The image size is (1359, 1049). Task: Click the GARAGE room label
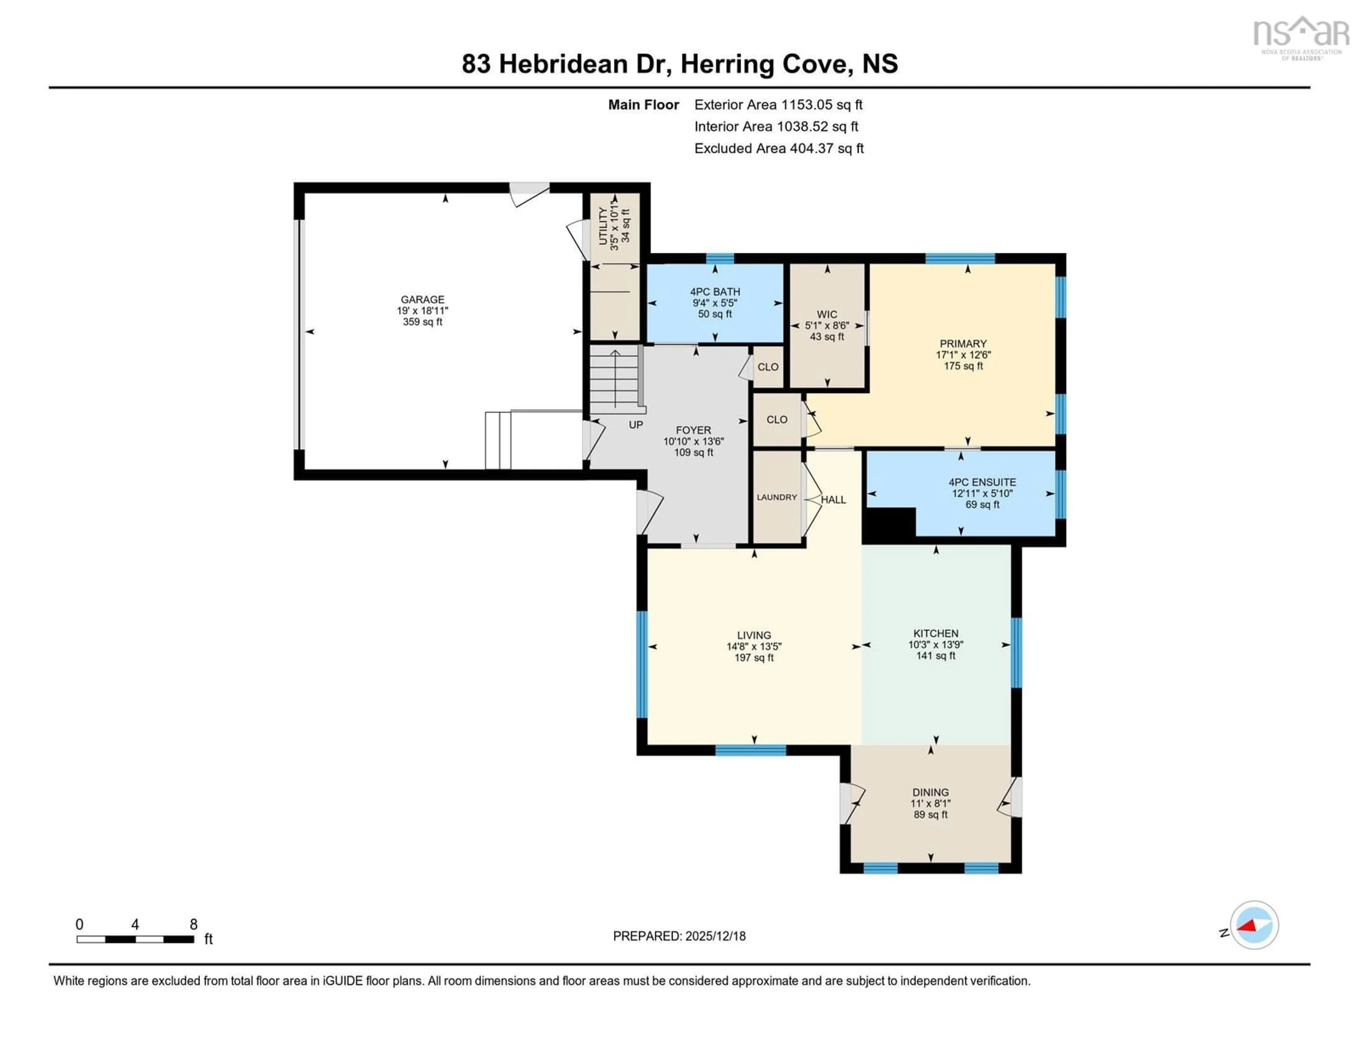tap(423, 299)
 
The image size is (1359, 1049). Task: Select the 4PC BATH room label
tap(715, 292)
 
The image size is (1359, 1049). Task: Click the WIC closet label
tap(827, 315)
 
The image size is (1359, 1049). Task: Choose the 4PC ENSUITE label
tap(982, 482)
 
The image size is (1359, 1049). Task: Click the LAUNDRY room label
tap(776, 498)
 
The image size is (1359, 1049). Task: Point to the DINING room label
tap(930, 792)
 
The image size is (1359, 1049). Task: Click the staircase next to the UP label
tap(614, 379)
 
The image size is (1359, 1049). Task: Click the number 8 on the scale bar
tap(194, 925)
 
